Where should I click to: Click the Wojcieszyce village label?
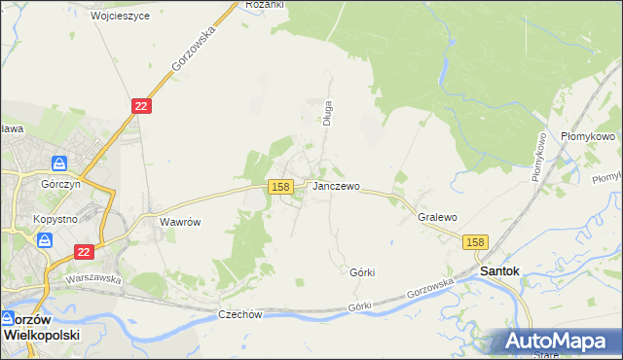point(120,17)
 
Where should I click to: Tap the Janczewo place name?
point(336,186)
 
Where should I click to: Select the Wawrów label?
point(179,222)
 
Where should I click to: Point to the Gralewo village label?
point(437,218)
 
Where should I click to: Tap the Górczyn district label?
point(60,182)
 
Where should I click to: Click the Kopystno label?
point(55,220)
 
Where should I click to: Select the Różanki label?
point(264,5)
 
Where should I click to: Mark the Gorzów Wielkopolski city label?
point(43,326)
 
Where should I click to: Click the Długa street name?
point(328,114)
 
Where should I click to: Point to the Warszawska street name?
point(92,279)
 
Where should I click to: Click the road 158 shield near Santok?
point(474,242)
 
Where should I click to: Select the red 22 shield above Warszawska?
point(84,252)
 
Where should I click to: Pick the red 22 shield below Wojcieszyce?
point(141,106)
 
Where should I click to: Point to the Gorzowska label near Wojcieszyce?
point(192,48)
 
